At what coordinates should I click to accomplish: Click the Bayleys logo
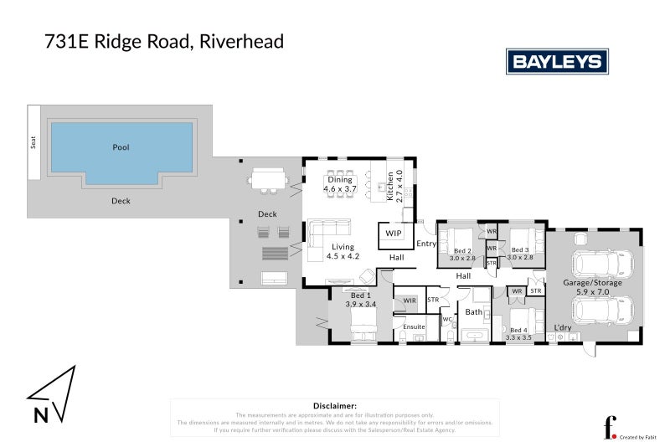pos(557,61)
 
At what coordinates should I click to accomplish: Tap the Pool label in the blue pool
pos(121,147)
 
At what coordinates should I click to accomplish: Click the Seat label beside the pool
pos(34,142)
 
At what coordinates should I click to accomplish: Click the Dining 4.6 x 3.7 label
pos(340,185)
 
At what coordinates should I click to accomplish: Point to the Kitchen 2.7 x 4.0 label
pos(394,184)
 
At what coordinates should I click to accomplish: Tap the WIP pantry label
pos(394,234)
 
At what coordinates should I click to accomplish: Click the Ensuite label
pos(415,326)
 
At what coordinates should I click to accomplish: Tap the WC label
pos(447,319)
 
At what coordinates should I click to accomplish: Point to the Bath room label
pos(474,312)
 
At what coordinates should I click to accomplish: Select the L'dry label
pos(563,327)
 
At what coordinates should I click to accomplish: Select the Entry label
pos(426,244)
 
